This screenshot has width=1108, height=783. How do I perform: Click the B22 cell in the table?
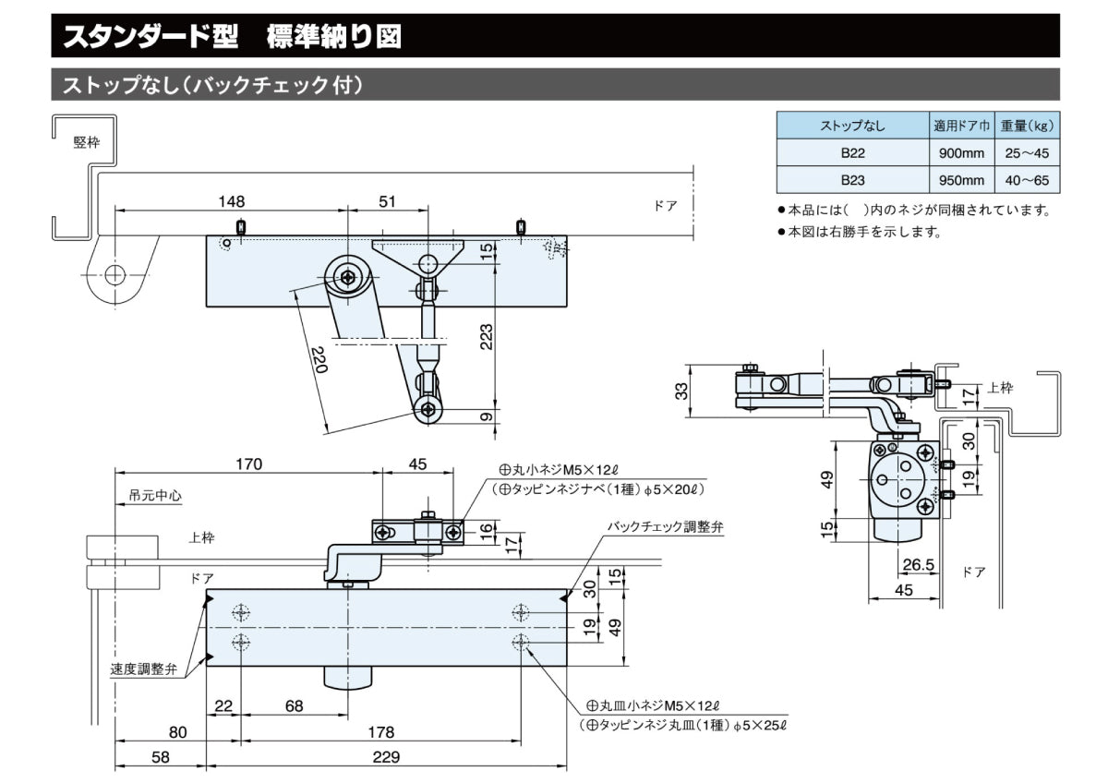(x=851, y=152)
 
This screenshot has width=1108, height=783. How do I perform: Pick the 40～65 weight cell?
(x=1028, y=180)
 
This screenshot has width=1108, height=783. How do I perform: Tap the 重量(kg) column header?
(x=1028, y=126)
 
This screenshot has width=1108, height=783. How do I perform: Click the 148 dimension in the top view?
(x=232, y=201)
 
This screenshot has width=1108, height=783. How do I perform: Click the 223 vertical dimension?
(x=486, y=338)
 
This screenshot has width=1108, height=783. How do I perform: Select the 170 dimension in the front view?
(x=247, y=464)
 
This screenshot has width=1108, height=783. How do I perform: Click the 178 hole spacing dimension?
(x=380, y=732)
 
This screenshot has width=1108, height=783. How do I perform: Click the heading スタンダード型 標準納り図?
(x=232, y=37)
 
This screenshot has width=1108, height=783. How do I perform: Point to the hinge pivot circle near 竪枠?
(x=114, y=274)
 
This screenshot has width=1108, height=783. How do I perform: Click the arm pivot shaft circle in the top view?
(x=347, y=275)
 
